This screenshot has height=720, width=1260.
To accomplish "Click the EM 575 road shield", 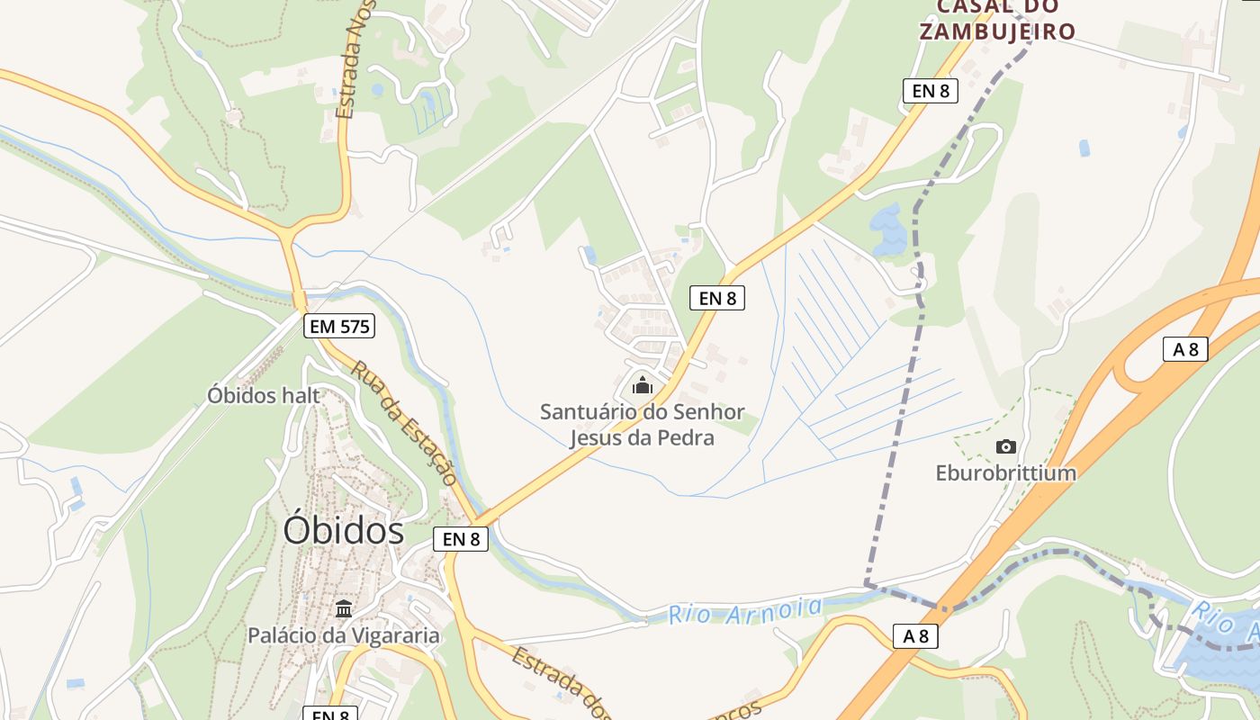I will [339, 326].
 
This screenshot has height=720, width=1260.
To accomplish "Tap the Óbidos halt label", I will [263, 395].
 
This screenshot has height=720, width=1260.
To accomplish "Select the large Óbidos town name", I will [344, 530].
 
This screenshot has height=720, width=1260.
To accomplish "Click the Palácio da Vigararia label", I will [344, 635].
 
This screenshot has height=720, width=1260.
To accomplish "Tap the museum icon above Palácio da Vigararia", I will [344, 609].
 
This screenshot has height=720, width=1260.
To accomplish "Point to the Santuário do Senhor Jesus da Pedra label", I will [643, 425].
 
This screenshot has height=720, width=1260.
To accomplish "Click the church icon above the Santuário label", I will [643, 386].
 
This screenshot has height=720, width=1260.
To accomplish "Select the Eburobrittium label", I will [1005, 472].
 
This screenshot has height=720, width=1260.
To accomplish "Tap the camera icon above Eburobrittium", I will [1005, 446].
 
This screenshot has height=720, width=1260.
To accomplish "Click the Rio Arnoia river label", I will [745, 611].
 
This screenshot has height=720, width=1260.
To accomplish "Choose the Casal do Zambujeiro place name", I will [996, 20].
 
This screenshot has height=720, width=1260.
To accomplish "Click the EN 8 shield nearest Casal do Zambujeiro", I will [930, 90].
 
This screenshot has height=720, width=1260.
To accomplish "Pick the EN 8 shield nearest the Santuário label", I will [717, 298].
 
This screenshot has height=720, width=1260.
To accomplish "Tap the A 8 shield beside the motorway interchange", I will [1185, 349].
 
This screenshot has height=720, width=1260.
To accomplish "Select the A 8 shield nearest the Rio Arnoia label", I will [915, 636].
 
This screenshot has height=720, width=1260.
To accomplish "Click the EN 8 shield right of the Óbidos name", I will [461, 539].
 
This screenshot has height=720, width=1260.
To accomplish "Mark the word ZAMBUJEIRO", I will [996, 31].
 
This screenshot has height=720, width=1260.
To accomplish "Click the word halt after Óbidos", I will [301, 395].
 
